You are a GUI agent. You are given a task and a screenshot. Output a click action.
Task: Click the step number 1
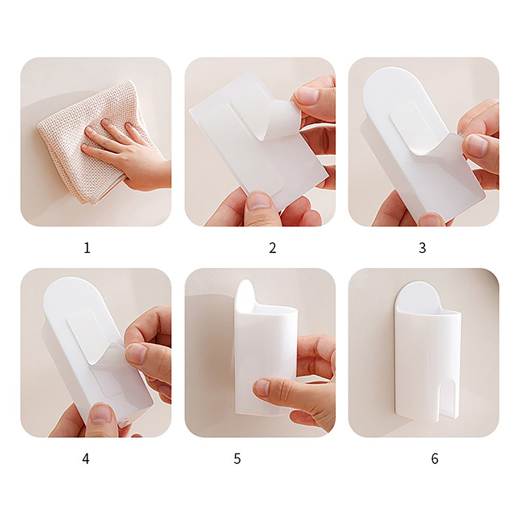(87, 248)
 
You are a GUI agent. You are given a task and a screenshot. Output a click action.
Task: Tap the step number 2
(272, 248)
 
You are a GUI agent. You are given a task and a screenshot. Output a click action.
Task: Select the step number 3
(422, 248)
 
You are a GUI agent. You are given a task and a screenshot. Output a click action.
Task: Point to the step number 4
(86, 459)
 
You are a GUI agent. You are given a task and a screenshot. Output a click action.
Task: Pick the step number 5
(237, 459)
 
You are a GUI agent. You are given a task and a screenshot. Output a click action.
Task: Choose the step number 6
(435, 459)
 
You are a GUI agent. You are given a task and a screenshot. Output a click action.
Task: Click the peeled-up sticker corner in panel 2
(282, 119)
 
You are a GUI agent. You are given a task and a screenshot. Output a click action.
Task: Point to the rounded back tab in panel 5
(246, 293)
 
